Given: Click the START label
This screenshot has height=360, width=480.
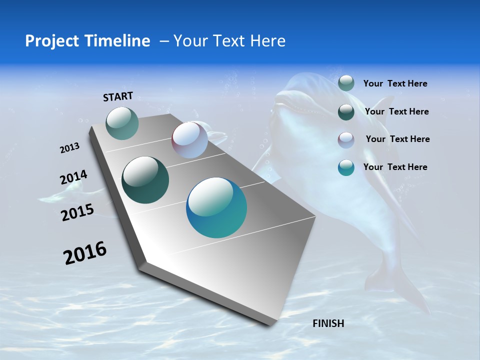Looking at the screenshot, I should point(118,96).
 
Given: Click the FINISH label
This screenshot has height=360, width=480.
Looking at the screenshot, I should point(328,323).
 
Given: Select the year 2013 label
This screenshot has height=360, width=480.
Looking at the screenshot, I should point(69,148).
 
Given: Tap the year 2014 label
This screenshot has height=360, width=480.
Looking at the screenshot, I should point(73,177).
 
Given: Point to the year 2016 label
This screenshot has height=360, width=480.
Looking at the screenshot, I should point(85,253).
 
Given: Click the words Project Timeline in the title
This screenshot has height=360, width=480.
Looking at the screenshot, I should point(87,41).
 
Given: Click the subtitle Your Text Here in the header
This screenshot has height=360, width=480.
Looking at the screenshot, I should point(229,41).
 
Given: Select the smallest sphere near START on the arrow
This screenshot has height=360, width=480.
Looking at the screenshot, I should point(122,123).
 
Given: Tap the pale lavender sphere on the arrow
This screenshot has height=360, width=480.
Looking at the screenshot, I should point(189,140).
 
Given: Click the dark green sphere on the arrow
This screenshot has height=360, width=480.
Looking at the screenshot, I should point(145,180).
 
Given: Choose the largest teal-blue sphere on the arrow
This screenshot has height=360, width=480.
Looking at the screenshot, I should point(216,207).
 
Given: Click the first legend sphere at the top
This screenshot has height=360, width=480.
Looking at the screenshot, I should point(346,83).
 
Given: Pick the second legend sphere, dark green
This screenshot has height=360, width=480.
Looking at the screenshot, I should point(346,112).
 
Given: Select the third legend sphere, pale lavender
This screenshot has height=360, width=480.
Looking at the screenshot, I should point(346,139).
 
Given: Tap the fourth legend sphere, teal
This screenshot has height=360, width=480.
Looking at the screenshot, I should point(346,167).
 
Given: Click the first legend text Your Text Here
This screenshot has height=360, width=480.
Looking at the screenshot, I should point(395,83).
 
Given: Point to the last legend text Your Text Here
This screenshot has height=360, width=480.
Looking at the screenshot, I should point(395,167).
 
